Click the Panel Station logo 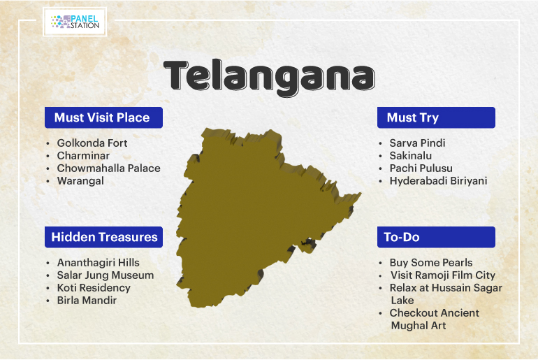75,22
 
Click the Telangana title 269,77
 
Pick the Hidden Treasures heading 103,237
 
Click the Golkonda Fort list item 92,143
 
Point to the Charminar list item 83,155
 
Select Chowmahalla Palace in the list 109,168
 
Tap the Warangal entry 80,181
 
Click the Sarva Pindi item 417,143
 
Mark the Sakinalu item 411,155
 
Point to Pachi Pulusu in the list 421,168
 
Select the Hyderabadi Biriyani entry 438,181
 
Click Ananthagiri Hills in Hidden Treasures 98,263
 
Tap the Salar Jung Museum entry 106,275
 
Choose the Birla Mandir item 87,301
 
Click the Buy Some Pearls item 431,263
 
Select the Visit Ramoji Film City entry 443,275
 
